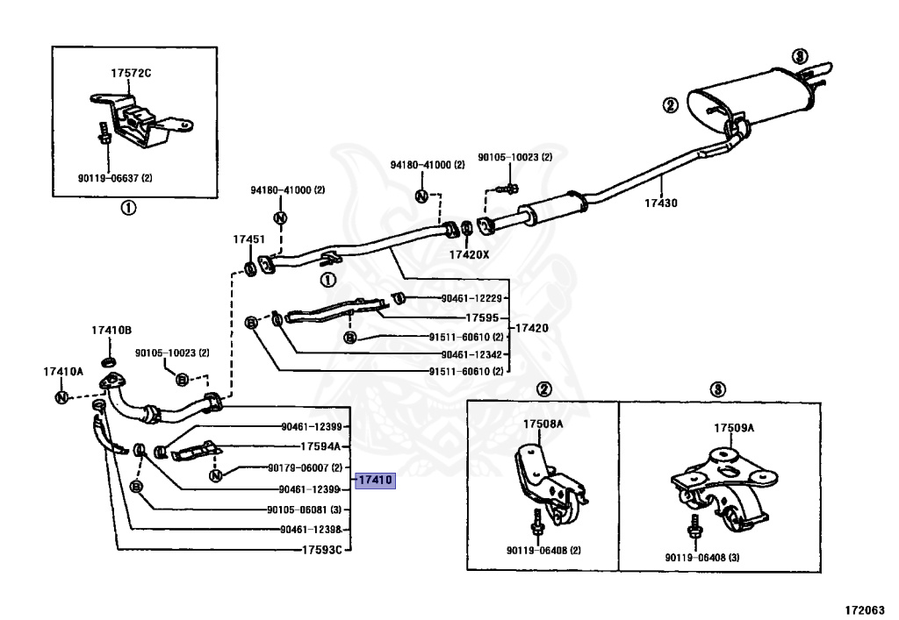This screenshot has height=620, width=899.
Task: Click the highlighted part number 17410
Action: click(x=376, y=481)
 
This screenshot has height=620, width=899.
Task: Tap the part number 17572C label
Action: click(x=131, y=73)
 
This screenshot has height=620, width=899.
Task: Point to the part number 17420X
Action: click(x=470, y=254)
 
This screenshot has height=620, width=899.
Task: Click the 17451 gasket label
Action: click(x=248, y=239)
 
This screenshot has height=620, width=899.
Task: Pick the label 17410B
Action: click(x=111, y=330)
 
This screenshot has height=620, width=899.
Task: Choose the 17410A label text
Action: click(x=63, y=371)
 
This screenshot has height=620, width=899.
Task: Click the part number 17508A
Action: click(x=543, y=424)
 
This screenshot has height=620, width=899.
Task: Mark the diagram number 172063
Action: click(x=866, y=608)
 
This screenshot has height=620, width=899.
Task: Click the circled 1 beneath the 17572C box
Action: click(x=128, y=208)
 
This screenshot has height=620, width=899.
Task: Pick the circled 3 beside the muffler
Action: click(x=798, y=56)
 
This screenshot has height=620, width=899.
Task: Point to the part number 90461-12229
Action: click(x=470, y=298)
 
